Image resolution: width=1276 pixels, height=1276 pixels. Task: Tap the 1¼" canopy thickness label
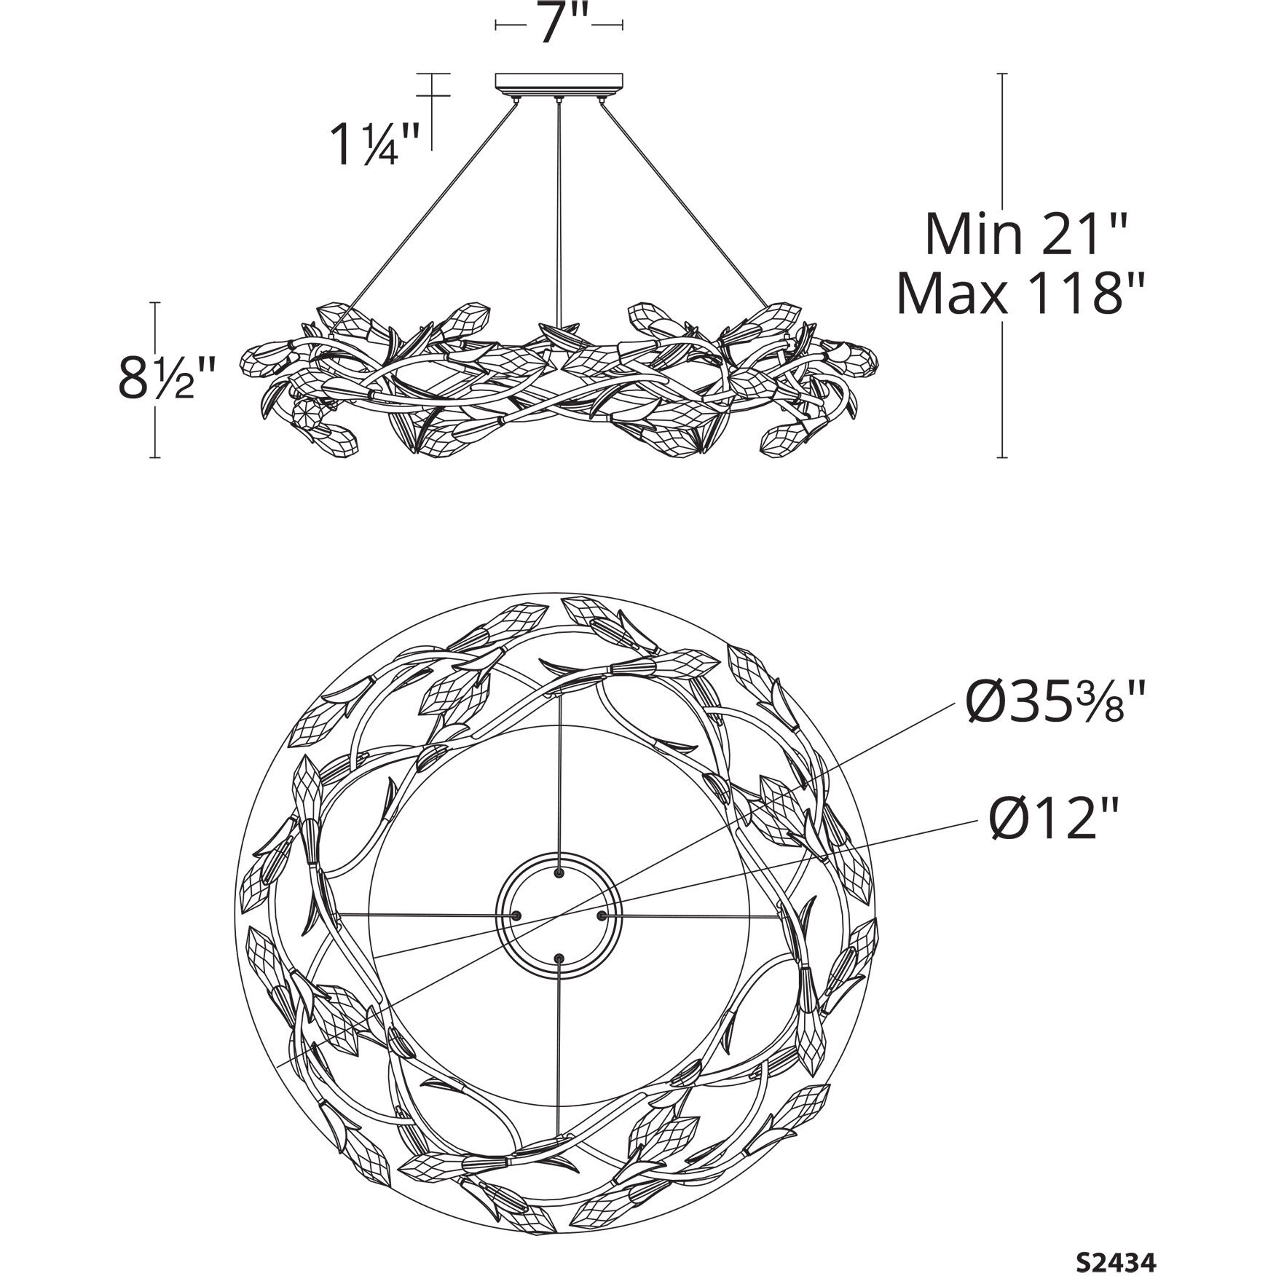pos(375,143)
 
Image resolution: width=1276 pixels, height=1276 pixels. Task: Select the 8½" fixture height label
pos(166,379)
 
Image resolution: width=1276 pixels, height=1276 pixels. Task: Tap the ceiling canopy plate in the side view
pos(559,80)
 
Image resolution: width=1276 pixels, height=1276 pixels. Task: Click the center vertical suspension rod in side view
pos(559,211)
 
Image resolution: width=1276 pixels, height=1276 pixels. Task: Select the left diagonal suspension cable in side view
pos(430,211)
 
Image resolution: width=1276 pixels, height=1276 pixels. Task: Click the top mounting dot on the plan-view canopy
pos(559,873)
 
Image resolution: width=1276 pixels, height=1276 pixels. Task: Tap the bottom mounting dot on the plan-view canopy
pos(559,957)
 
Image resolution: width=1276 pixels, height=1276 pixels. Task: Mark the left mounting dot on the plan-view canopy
pos(516,915)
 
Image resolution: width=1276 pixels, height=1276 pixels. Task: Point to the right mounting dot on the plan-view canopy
pos(602,915)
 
